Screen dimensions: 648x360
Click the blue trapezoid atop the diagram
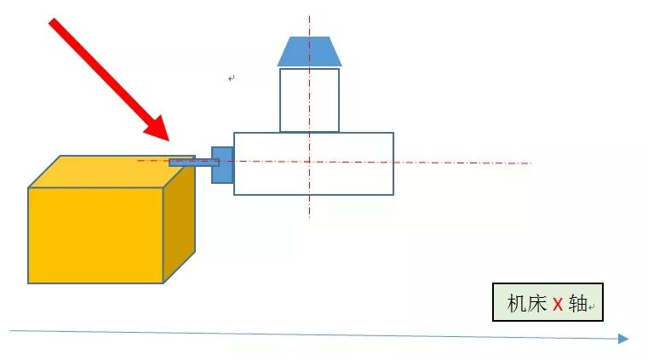pos(309,51)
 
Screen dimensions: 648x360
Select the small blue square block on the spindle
pos(221,164)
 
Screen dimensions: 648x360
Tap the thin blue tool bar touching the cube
pos(192,162)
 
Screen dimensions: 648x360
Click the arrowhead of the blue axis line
pos(623,339)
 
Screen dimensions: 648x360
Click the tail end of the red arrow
pos(54,23)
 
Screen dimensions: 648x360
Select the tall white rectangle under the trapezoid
pos(309,100)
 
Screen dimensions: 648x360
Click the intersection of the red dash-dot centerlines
pos(309,162)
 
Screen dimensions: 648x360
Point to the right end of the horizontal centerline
pos(530,163)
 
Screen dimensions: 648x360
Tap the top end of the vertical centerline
pos(309,15)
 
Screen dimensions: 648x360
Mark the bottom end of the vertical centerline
pos(309,217)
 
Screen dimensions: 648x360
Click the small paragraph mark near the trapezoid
pos(231,78)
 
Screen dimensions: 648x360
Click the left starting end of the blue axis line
pos(11,330)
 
